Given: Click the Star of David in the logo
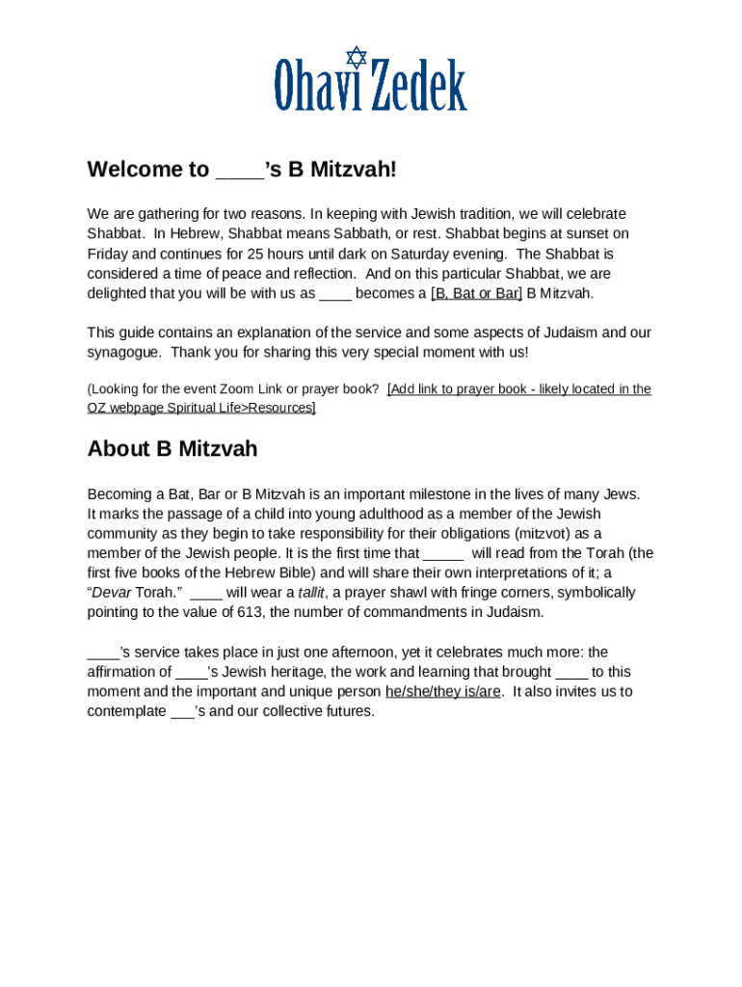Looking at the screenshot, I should click(357, 57).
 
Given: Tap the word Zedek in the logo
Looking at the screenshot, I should click(419, 86).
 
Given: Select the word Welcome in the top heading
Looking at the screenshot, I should click(147, 171).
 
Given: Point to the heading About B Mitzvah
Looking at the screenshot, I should click(172, 449).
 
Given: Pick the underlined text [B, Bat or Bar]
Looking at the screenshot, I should click(476, 293).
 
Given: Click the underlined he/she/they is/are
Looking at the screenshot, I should click(442, 692).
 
